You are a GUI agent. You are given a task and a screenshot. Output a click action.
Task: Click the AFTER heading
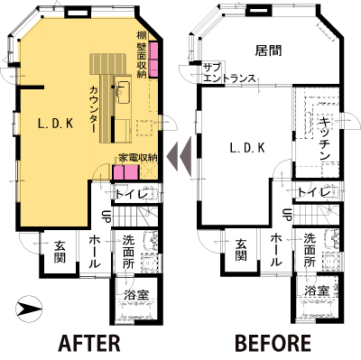pyautogui.click(x=89, y=343)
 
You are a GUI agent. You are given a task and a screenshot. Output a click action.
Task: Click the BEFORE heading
pyautogui.click(x=273, y=343)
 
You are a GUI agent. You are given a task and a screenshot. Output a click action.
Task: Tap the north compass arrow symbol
pyautogui.click(x=29, y=309)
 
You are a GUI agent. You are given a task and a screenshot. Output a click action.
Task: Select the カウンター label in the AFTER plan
pyautogui.click(x=94, y=109)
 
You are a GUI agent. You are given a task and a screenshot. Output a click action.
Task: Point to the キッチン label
pyautogui.click(x=324, y=138)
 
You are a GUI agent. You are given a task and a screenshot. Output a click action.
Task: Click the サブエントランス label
pyautogui.click(x=229, y=73)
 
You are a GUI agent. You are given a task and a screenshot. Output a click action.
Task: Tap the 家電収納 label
pyautogui.click(x=138, y=158)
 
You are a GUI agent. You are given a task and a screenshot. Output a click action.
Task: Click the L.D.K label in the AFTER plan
pyautogui.click(x=56, y=124)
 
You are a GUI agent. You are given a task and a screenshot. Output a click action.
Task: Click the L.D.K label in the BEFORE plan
pyautogui.click(x=247, y=148)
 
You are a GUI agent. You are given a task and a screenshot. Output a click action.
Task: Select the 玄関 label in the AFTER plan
pyautogui.click(x=60, y=252)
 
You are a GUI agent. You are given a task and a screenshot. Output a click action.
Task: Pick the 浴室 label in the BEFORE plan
pyautogui.click(x=317, y=291)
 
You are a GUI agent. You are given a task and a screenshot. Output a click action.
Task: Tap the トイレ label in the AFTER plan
pyautogui.click(x=132, y=194)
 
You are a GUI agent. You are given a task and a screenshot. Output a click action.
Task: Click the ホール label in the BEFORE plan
pyautogui.click(x=277, y=250)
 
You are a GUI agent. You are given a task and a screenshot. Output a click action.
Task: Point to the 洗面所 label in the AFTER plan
pyautogui.click(x=129, y=252)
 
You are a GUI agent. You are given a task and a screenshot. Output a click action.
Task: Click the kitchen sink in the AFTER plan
pyautogui.click(x=123, y=92)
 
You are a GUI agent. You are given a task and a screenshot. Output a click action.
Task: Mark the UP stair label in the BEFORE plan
pyautogui.click(x=288, y=215)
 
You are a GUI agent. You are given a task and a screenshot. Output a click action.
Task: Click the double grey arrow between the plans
pyautogui.click(x=180, y=156)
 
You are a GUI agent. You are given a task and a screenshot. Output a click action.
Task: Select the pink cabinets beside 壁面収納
pyautogui.click(x=153, y=60)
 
